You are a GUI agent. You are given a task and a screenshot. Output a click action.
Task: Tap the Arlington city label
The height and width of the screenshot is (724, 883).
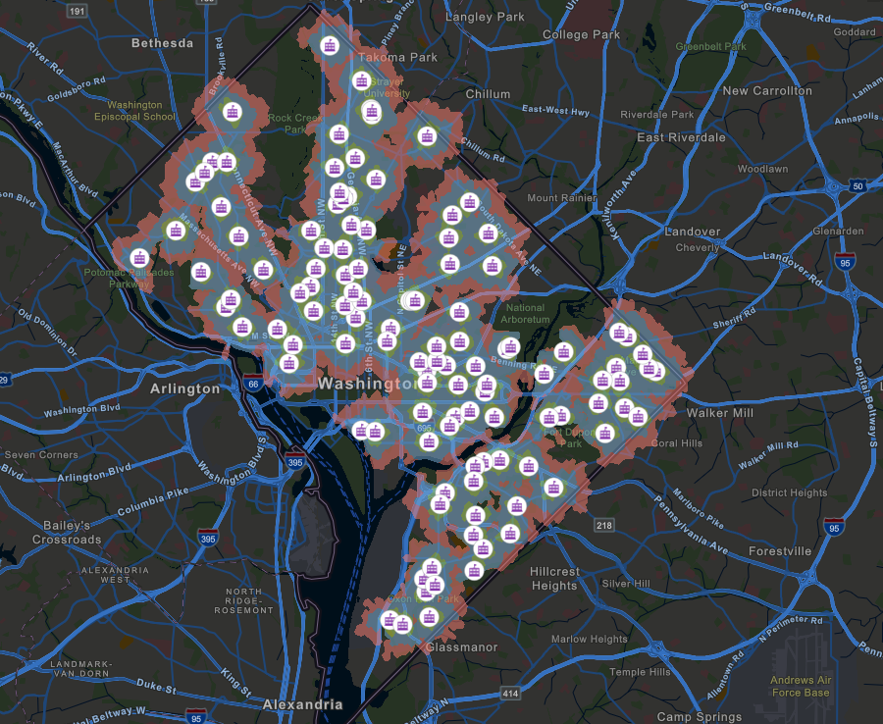pyautogui.click(x=184, y=388)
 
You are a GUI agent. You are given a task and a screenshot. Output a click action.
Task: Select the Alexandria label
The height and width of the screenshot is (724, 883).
pyautogui.click(x=303, y=704)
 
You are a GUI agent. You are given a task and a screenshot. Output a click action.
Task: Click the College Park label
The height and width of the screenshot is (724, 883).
pyautogui.click(x=582, y=34)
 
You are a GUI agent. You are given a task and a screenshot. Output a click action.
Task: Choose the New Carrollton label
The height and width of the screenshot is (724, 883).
pyautogui.click(x=767, y=90)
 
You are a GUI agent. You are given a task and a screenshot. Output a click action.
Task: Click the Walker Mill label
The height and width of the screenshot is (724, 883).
pyautogui.click(x=721, y=413)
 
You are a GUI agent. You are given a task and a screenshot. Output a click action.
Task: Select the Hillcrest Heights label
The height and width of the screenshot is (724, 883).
pyautogui.click(x=554, y=578)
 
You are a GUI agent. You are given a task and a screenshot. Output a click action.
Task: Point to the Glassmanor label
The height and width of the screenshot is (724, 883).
pyautogui.click(x=461, y=647)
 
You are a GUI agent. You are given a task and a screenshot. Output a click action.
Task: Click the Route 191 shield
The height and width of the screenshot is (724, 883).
pyautogui.click(x=77, y=10)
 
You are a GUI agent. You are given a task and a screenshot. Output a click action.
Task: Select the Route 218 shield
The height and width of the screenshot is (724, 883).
pyautogui.click(x=603, y=527)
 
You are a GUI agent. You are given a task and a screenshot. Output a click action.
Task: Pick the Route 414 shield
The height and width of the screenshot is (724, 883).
pyautogui.click(x=510, y=695)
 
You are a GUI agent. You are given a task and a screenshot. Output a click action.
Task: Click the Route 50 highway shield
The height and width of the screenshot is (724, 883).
pyautogui.click(x=857, y=185)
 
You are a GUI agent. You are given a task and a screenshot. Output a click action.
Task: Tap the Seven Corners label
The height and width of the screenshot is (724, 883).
pyautogui.click(x=41, y=455)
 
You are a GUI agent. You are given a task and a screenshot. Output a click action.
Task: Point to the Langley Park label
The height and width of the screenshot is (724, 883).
pyautogui.click(x=485, y=17)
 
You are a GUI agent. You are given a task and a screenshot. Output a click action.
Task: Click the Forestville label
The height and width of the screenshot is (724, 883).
pyautogui.click(x=780, y=551)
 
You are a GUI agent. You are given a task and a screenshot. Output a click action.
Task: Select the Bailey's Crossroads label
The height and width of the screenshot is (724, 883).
pyautogui.click(x=67, y=533)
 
